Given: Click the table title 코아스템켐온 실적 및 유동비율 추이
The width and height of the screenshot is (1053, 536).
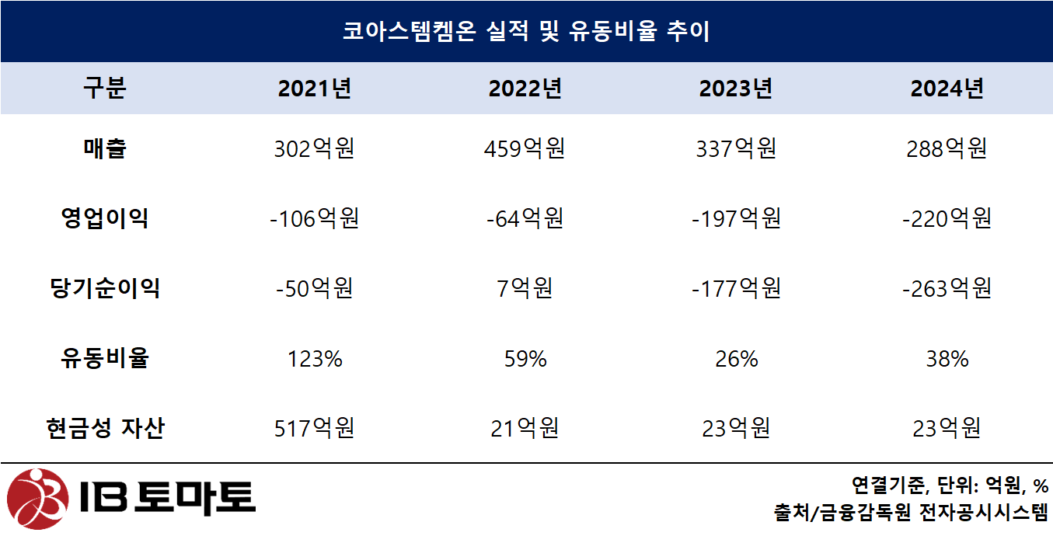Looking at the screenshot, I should pos(526,32).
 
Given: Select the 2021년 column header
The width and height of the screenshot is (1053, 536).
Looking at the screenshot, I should pos(315,89).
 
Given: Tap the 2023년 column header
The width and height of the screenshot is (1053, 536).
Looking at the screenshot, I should pos(735,89).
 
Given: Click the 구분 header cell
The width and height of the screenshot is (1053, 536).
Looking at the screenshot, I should pos(105,89).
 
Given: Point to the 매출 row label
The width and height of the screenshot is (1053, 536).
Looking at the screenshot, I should pos(105,148).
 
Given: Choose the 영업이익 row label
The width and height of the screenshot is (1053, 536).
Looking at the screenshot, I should pos(105,218).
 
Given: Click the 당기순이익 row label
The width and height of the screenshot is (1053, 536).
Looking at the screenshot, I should pos(105,288).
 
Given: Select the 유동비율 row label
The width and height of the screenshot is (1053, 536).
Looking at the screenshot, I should pos(105,358).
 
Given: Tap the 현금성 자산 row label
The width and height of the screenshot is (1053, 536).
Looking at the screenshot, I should pos(105,428).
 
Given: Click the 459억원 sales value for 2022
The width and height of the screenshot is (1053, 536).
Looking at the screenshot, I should pos(525,148).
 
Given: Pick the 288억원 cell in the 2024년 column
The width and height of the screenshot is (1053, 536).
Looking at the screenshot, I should pos(947,148).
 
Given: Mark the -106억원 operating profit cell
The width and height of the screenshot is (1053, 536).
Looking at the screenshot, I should pos(315,218).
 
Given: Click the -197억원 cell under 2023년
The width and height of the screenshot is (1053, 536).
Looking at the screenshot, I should pos(735,218).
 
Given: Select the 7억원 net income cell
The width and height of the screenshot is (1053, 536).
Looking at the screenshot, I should pos(525,288).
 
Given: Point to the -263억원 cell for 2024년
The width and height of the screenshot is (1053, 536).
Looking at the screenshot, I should pos(947,288).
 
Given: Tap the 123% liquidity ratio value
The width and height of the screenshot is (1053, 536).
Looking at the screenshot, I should pos(315,358).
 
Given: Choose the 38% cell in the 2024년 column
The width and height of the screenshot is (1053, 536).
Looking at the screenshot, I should pos(947,358).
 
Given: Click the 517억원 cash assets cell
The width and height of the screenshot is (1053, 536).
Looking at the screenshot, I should pos(315,428).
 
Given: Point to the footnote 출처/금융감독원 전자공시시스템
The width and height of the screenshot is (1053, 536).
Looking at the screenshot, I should pos(911,513).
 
